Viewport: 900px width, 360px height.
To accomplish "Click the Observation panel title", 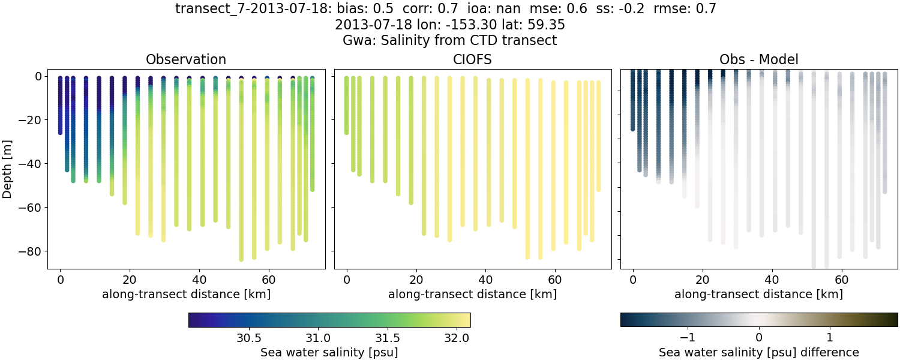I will point(186,59).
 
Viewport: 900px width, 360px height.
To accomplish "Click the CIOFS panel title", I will point(472,59).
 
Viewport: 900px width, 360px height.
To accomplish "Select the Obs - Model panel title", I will point(758,59).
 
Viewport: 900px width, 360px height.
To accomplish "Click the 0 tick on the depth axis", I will point(37,76).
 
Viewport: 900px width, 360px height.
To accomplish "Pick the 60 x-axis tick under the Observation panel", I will point(268,280).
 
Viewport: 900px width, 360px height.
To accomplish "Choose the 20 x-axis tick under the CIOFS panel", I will point(416,280).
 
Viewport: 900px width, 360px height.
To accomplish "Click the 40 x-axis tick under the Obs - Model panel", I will point(772,280).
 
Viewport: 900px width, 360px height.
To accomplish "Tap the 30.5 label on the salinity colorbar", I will point(248,337).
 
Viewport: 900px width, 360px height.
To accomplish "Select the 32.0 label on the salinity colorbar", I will point(457,337).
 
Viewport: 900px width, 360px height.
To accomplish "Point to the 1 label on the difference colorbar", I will point(829,337).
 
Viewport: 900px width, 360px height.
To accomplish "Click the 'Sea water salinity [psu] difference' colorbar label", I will point(759,352).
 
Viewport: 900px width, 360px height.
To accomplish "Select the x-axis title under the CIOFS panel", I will point(472,294).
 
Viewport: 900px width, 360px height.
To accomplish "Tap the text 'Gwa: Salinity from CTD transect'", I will point(449,41).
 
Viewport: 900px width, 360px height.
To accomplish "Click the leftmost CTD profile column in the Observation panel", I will point(60,105).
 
